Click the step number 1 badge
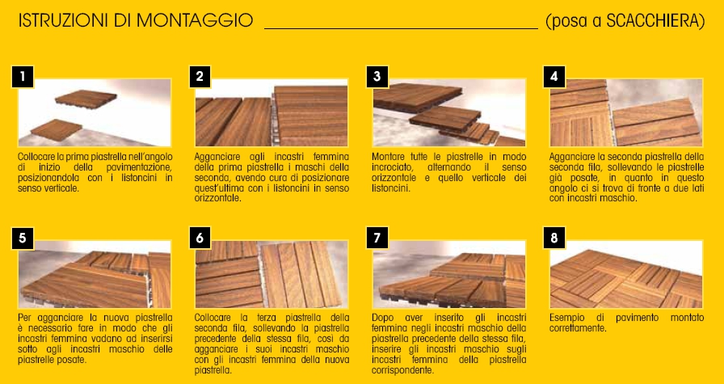pos(23,77)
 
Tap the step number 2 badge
pos(200,77)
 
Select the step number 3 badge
pos(377,77)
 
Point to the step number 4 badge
pos(554,77)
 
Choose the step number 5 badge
pos(23,238)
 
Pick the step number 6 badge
pos(200,238)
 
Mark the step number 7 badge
pos(377,238)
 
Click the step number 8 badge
pos(554,238)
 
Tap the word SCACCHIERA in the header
pos(654,21)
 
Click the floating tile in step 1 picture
pos(86,99)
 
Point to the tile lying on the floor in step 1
pos(57,130)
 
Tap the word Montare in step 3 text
pos(386,156)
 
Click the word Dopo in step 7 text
pos(382,318)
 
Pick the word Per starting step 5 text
pos(24,318)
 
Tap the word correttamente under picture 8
pos(578,328)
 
